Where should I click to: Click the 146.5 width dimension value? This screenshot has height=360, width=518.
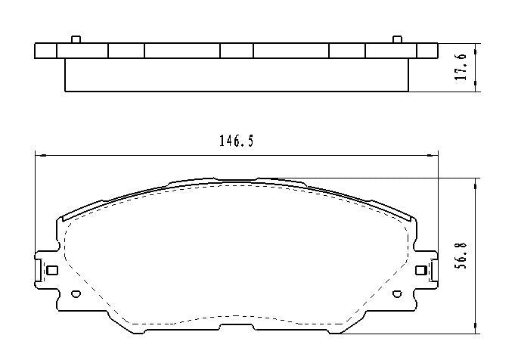click(x=236, y=141)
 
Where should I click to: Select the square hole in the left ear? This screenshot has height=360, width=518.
click(x=52, y=270)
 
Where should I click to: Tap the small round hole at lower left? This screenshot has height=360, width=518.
click(x=74, y=295)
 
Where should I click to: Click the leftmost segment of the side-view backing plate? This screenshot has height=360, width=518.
click(x=46, y=51)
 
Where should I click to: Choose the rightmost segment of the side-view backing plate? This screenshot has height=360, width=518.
click(x=427, y=51)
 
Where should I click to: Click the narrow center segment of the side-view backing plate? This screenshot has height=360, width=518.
click(x=237, y=51)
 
